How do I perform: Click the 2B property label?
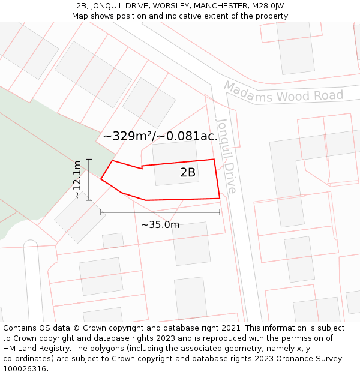tap(188, 173)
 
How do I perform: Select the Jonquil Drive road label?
tap(226, 155)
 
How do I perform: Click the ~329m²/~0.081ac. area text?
tap(160, 136)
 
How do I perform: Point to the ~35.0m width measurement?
tap(160, 225)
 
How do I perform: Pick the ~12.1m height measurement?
tap(77, 179)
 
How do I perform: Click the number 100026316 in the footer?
tap(25, 368)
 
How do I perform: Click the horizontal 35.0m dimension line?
tap(160, 212)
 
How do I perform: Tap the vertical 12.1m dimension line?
tap(89, 179)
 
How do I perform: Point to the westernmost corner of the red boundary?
tap(101, 179)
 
